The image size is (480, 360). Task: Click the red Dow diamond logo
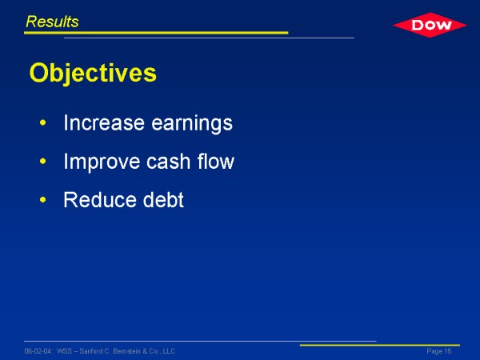coord(430,25)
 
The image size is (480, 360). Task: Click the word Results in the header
coord(52,22)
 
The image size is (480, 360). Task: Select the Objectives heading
coord(93,73)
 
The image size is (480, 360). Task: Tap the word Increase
coord(104,122)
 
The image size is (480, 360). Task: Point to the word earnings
coord(192,124)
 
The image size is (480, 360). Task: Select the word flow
coord(216,161)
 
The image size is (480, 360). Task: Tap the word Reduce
coord(99,199)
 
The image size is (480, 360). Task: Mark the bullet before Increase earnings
coord(43,123)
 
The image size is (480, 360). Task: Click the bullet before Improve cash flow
coord(43,162)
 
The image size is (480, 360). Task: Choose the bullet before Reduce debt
coord(43,200)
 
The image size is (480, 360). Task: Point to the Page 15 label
coord(439,351)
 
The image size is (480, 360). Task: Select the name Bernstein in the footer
coord(126,351)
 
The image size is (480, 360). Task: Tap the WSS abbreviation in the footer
coord(64,351)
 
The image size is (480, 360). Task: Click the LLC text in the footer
coord(169,351)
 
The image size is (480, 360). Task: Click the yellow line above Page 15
coord(379,345)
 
